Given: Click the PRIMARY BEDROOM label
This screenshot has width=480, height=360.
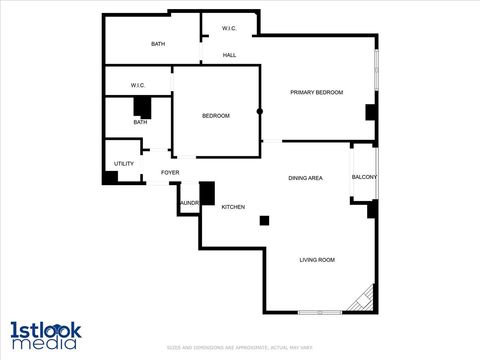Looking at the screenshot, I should (x=316, y=92).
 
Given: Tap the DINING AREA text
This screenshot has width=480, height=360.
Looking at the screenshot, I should (x=305, y=178).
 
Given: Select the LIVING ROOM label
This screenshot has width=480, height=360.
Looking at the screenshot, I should (x=317, y=260).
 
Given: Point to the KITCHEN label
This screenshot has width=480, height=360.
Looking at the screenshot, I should (x=233, y=207).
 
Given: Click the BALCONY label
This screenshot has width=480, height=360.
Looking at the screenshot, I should (x=364, y=178).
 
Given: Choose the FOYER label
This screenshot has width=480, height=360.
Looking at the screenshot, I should (x=170, y=173).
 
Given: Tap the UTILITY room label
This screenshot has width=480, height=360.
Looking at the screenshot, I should (x=124, y=163).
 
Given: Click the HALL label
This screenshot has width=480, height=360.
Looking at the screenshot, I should (x=229, y=55).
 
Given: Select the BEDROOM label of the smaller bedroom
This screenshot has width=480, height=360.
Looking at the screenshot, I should (x=216, y=116).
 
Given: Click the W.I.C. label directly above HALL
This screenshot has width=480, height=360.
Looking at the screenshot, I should (x=229, y=28).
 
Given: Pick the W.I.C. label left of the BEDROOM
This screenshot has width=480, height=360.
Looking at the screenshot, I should (x=138, y=86).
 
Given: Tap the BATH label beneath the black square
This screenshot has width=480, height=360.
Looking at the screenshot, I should (x=140, y=122).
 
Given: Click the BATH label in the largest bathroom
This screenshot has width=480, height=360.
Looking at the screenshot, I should (x=158, y=44).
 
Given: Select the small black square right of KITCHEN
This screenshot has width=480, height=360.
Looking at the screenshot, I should (x=264, y=220).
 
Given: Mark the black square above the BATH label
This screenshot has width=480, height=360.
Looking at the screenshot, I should (x=143, y=107).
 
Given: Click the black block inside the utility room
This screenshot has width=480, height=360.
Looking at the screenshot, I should (x=110, y=177).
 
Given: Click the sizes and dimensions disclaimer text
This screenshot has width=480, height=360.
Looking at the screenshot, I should (x=240, y=347).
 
